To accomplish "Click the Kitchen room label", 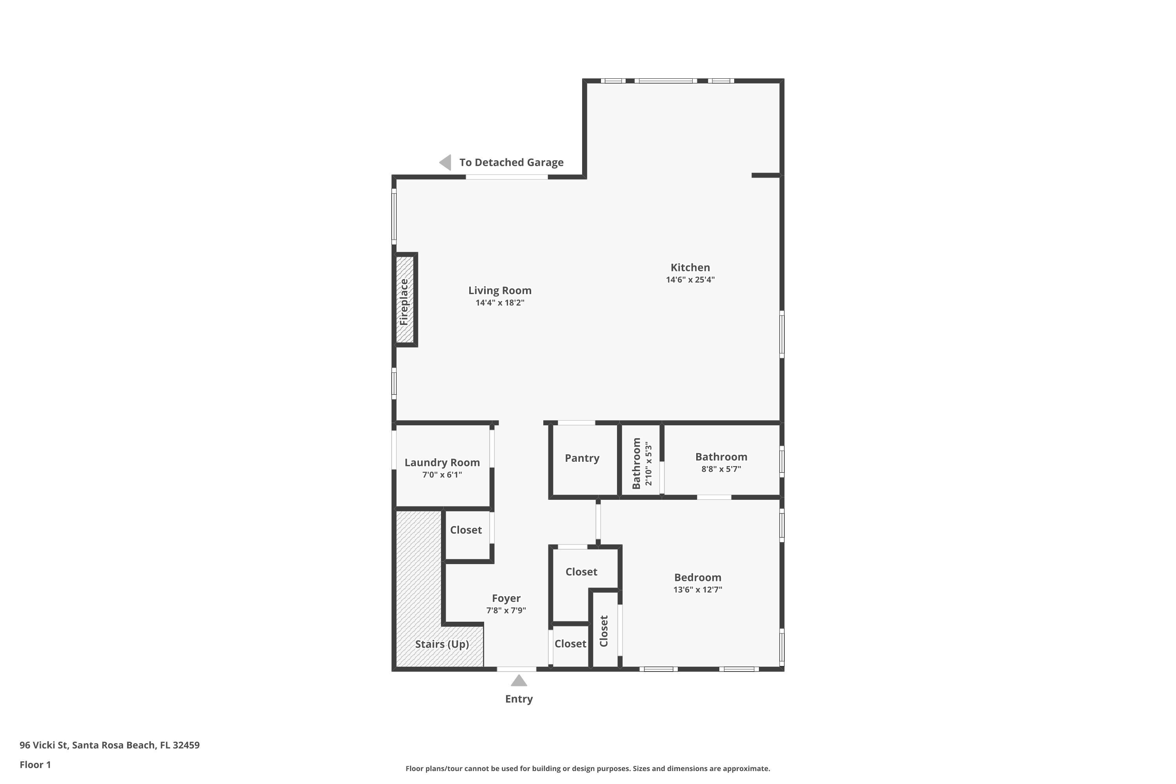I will tap(690, 267).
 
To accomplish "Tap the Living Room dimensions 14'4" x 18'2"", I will tap(499, 303).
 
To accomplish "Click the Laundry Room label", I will tap(442, 463).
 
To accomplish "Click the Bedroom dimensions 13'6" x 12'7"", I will tap(697, 590).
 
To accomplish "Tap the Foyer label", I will tap(506, 599).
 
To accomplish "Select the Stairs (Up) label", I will tap(442, 644).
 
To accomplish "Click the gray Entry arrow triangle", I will tap(519, 681).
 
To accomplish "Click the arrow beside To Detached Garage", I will tap(445, 163).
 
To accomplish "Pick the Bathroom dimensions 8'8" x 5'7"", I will tap(721, 469).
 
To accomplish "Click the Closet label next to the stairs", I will tap(466, 530).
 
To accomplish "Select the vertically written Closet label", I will tap(604, 631).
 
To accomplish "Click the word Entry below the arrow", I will tap(519, 699).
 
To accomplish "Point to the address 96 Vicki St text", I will tap(109, 745).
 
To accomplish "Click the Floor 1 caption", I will tap(35, 764).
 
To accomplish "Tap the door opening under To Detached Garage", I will tap(506, 177).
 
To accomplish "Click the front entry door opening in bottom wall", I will tap(517, 669).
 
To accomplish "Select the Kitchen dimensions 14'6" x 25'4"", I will tap(690, 280).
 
